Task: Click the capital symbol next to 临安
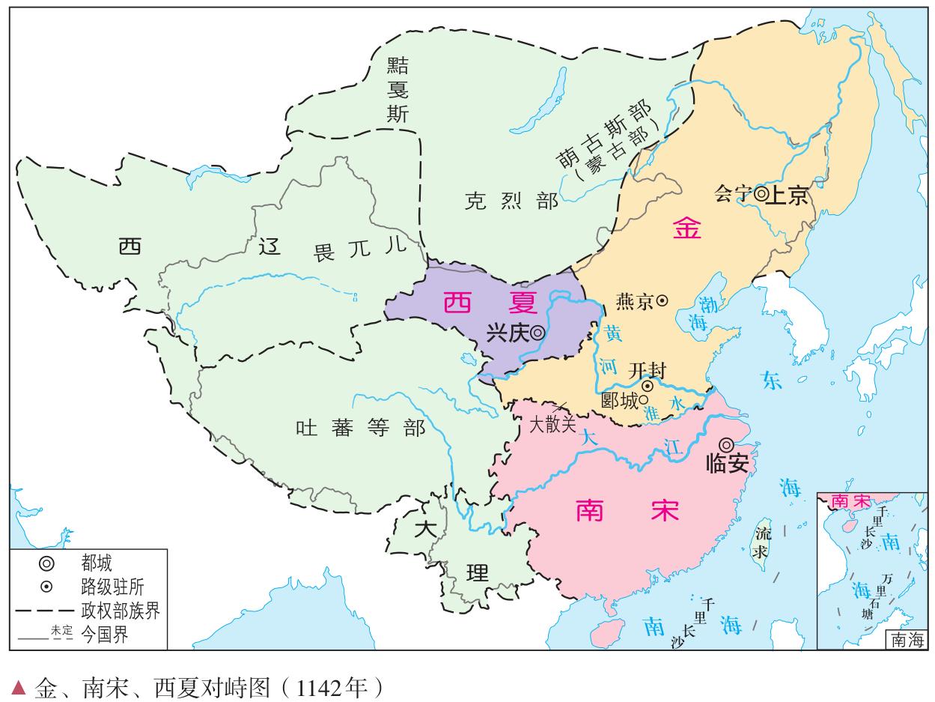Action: point(726,444)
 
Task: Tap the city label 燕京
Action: point(633,301)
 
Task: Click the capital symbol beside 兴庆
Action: point(537,333)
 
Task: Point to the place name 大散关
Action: point(552,425)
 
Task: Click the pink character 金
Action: point(687,229)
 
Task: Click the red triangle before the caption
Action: point(19,686)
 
